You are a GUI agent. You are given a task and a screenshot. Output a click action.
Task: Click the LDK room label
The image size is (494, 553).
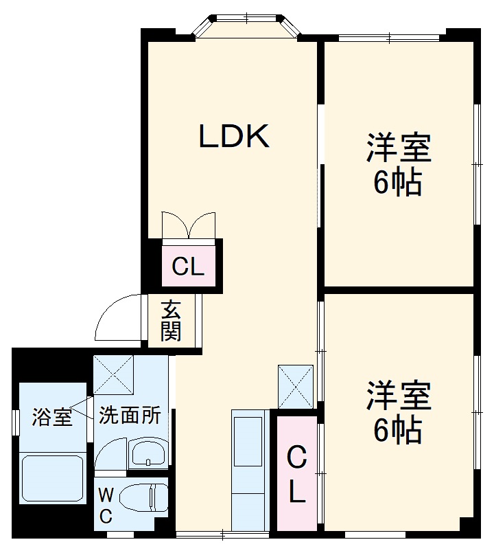point(234,137)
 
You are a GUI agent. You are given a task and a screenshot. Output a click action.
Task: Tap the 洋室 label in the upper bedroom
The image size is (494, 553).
point(398,148)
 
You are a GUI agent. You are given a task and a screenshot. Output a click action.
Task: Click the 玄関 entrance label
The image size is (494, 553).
point(172,320)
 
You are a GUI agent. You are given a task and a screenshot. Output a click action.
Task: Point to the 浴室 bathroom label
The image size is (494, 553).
point(52,416)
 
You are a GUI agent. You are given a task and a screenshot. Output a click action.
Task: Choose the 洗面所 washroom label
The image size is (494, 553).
point(130,415)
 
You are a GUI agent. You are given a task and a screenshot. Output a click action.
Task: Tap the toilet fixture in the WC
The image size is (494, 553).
point(145,497)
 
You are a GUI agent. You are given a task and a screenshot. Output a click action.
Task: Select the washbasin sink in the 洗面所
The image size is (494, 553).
point(148,453)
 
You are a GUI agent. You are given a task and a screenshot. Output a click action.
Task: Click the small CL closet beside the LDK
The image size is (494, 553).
point(189,266)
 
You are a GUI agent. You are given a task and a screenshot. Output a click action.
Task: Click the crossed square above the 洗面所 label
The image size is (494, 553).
point(113,376)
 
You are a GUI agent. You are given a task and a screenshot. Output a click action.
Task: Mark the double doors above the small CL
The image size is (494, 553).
point(189,225)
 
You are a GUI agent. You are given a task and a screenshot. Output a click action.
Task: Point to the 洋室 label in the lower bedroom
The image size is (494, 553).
point(398,396)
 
